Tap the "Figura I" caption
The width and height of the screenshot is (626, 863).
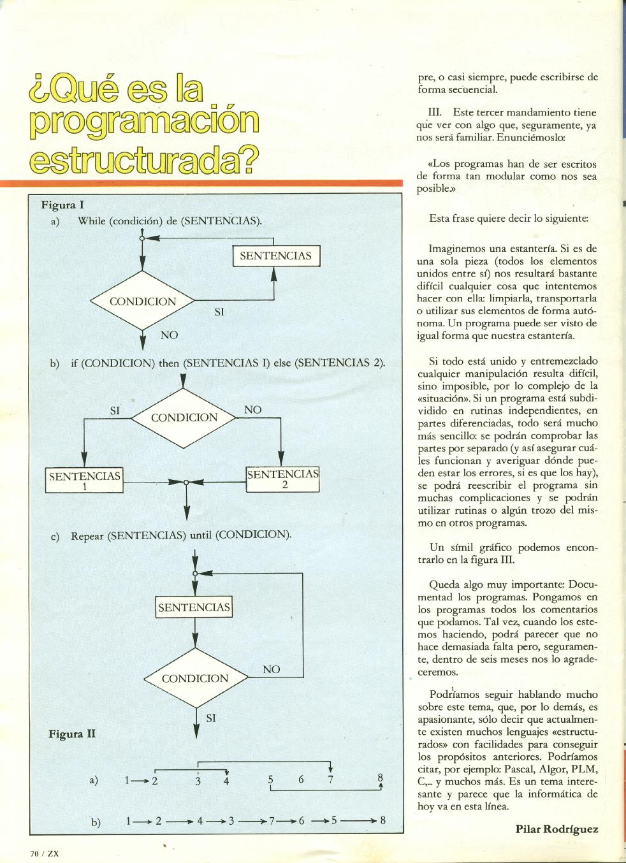[62, 205]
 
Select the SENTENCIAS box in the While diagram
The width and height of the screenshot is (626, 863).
[275, 256]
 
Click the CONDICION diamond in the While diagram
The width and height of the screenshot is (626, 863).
[143, 301]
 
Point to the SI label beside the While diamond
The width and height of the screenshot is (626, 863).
[219, 312]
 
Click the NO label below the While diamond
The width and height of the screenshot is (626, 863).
[169, 335]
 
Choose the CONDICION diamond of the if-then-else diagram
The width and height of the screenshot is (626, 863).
[184, 417]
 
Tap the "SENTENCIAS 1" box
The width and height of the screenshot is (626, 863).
[84, 481]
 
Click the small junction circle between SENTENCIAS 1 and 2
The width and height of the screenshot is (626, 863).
[186, 482]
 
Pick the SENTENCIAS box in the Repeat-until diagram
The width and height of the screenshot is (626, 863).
[194, 607]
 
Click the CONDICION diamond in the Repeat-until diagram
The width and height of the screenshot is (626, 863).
[194, 678]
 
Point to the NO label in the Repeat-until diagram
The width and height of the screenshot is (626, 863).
[272, 669]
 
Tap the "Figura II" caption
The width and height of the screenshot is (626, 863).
[72, 734]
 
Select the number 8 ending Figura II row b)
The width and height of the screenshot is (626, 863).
[382, 821]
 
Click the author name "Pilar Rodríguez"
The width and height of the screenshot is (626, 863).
[557, 829]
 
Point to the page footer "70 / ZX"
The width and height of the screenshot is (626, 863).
[44, 853]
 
